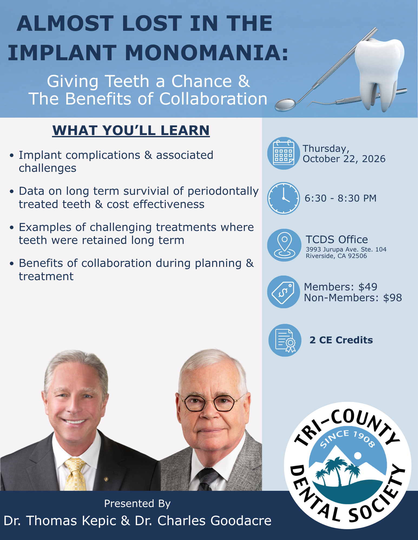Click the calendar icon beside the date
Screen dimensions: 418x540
tap(284, 153)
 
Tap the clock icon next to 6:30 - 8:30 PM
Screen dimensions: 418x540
tap(284, 198)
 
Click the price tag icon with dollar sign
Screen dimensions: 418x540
tap(284, 292)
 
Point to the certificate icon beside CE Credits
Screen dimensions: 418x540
tap(285, 340)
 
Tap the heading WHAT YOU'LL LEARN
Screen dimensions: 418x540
tap(131, 130)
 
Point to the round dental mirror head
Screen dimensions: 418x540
tap(285, 105)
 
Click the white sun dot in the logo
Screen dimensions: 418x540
tap(358, 456)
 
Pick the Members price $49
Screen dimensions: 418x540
tap(368, 287)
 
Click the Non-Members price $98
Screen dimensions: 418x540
tap(393, 298)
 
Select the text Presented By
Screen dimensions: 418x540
tap(137, 504)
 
